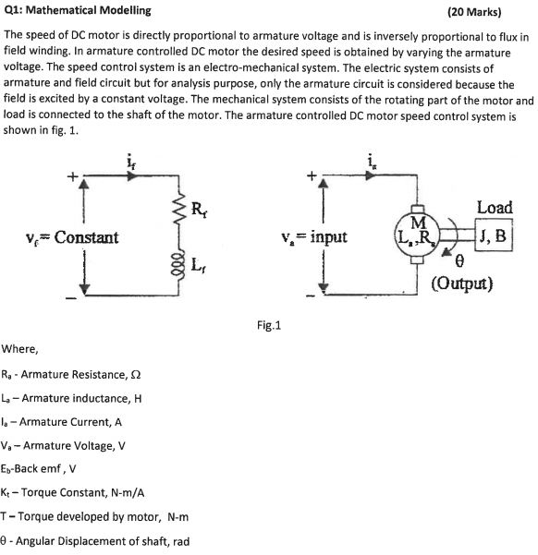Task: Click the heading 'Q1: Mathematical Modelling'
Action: (x=71, y=12)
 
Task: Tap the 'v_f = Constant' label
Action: (x=74, y=237)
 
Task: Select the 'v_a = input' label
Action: (x=317, y=237)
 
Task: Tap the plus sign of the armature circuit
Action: (x=312, y=173)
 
